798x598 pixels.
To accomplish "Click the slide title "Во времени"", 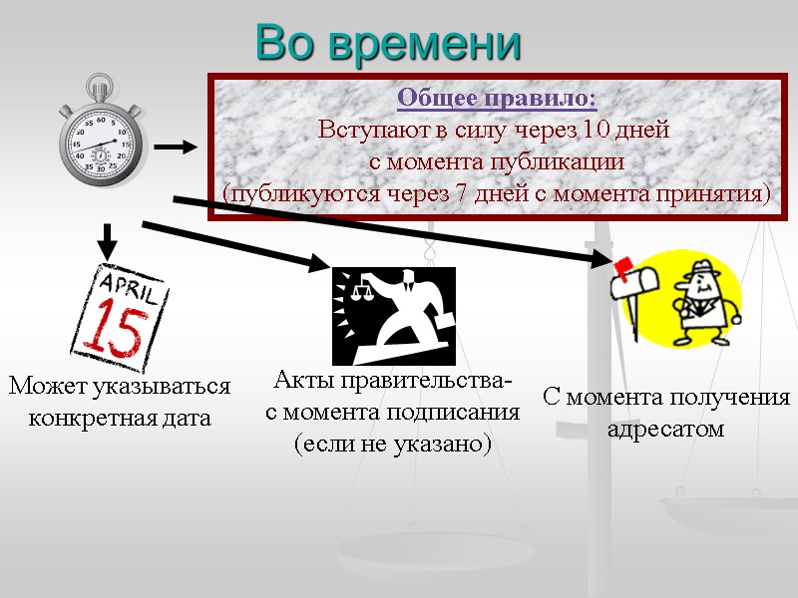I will [x=389, y=43].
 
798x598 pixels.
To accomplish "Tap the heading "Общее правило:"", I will [x=497, y=99].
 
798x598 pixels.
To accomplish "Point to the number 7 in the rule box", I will [x=461, y=192].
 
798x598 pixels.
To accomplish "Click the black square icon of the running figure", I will [x=393, y=316].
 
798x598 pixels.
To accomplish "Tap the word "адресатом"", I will [x=665, y=430].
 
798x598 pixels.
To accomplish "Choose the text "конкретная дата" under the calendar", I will [x=120, y=418].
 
